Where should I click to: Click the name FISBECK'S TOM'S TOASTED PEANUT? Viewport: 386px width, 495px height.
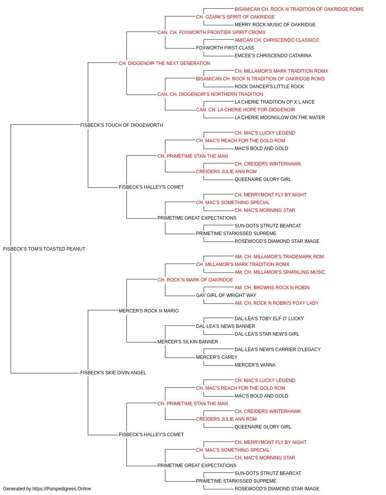(44, 249)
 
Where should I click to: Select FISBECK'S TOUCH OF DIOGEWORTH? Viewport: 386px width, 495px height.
(122, 125)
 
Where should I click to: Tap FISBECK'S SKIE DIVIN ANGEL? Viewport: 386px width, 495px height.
(113, 373)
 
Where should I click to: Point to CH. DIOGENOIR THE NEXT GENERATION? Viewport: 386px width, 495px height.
(164, 63)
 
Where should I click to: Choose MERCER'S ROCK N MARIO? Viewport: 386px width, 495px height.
(149, 311)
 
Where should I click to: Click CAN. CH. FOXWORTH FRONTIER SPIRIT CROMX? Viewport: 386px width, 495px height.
(212, 32)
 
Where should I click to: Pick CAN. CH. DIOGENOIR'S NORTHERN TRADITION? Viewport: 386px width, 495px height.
(210, 94)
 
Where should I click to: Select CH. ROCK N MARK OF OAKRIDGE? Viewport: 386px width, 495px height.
(195, 280)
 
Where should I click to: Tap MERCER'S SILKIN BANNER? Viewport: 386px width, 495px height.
(188, 342)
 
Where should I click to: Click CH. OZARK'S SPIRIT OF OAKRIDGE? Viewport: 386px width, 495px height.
(235, 17)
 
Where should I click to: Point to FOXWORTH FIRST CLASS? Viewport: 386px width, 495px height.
(225, 48)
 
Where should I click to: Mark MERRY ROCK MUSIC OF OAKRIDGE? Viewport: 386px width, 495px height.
(275, 25)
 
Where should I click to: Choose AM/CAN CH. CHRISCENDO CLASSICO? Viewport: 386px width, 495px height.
(277, 40)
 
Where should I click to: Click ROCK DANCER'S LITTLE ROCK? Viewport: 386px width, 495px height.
(269, 87)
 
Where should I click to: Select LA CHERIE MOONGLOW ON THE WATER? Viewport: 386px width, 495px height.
(280, 118)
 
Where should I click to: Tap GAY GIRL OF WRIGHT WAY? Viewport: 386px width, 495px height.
(226, 295)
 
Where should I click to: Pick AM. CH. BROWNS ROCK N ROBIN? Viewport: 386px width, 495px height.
(272, 288)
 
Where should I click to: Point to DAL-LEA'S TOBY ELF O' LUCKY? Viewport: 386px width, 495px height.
(269, 319)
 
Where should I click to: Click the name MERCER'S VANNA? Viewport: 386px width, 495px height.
(255, 365)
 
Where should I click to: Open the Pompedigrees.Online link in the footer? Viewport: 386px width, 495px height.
(62, 489)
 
